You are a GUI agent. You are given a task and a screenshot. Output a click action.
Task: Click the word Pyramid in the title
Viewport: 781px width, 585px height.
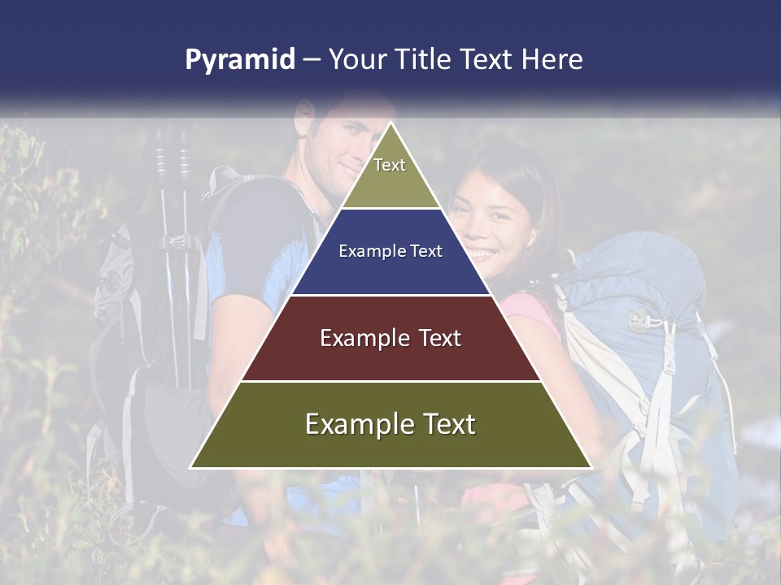pos(240,60)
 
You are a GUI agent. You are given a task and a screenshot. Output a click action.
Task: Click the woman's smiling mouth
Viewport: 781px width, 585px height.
pos(482,253)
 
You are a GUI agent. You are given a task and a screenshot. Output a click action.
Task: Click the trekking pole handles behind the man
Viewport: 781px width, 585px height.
pos(172,158)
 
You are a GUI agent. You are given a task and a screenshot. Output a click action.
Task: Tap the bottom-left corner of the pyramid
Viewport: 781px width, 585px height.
pos(192,467)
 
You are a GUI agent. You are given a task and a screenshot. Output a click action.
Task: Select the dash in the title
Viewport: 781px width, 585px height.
pos(312,60)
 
